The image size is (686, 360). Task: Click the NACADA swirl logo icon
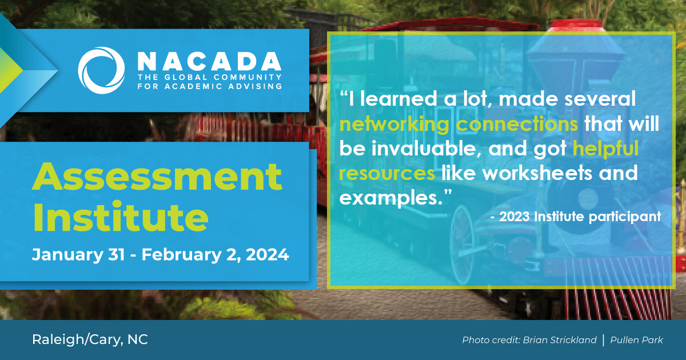101,70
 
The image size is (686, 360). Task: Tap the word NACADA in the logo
209,61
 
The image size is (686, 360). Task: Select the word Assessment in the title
157,177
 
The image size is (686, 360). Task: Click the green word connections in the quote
517,123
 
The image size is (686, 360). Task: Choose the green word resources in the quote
387,173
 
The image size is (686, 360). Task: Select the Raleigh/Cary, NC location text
90,340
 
